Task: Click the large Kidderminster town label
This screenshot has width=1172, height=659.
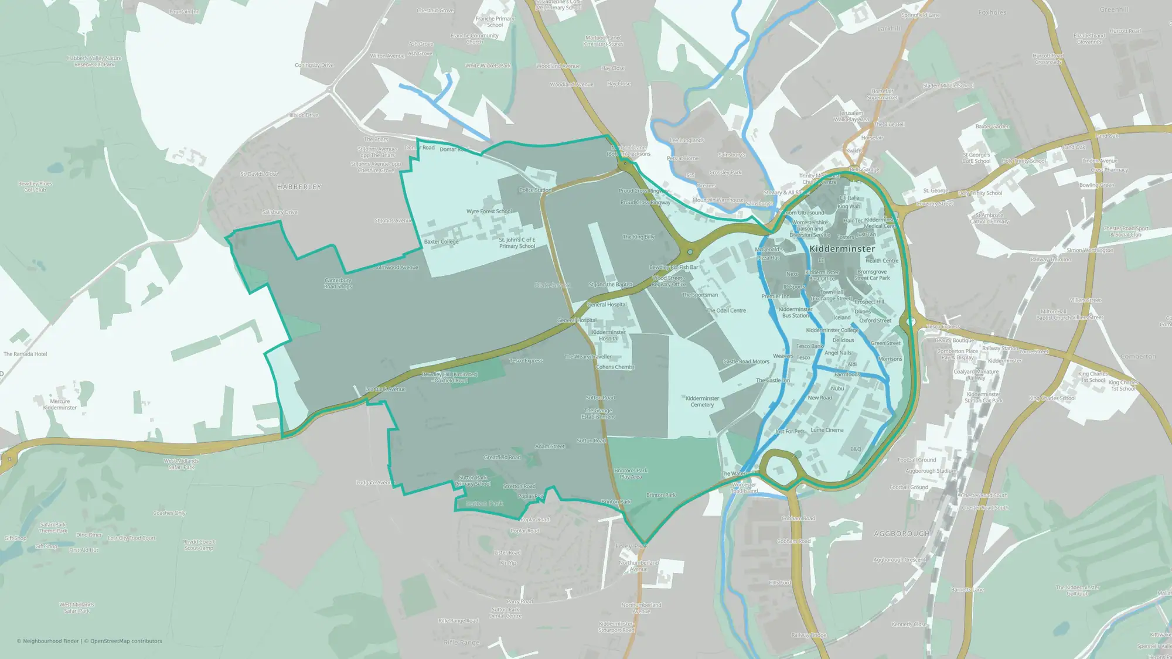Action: [842, 249]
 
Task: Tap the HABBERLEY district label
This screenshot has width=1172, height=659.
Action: [299, 187]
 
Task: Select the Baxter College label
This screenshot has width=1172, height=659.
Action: [441, 241]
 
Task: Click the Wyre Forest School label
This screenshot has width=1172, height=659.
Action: [489, 211]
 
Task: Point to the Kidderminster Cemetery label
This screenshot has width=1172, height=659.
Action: [702, 401]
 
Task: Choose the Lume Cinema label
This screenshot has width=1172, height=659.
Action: [827, 430]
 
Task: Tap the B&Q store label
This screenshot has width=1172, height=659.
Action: [856, 449]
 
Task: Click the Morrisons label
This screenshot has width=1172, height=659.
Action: [890, 359]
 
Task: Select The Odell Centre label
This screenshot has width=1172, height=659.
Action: [726, 310]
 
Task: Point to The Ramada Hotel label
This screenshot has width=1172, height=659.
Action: [25, 354]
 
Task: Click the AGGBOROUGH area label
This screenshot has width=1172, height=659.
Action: [901, 534]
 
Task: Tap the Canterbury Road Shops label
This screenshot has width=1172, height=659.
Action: [338, 284]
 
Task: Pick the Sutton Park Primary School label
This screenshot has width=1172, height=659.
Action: [473, 480]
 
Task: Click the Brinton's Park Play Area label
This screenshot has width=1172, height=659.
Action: [631, 473]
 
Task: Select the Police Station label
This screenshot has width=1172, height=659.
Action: [535, 190]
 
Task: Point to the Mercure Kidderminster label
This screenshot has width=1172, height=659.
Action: [60, 404]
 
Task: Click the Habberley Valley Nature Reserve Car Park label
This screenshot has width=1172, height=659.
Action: [94, 62]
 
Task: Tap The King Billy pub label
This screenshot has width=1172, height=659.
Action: [639, 237]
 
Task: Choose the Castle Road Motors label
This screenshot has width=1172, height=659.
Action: [746, 361]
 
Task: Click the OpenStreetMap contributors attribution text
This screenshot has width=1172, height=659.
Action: [126, 641]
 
